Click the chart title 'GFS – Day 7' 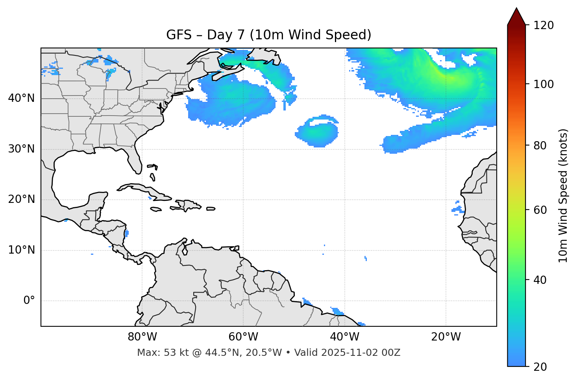click(x=268, y=35)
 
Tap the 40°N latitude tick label click(x=21, y=98)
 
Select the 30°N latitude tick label click(x=21, y=149)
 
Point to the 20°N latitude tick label click(x=21, y=199)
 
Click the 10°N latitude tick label click(x=21, y=250)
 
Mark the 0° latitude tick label click(x=29, y=301)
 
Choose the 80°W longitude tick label click(x=142, y=337)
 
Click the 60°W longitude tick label click(x=243, y=337)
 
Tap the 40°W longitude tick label click(x=344, y=337)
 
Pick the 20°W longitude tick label click(x=446, y=337)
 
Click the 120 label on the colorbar click(x=544, y=26)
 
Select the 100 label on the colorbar click(x=544, y=84)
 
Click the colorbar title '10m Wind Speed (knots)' click(x=563, y=195)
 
